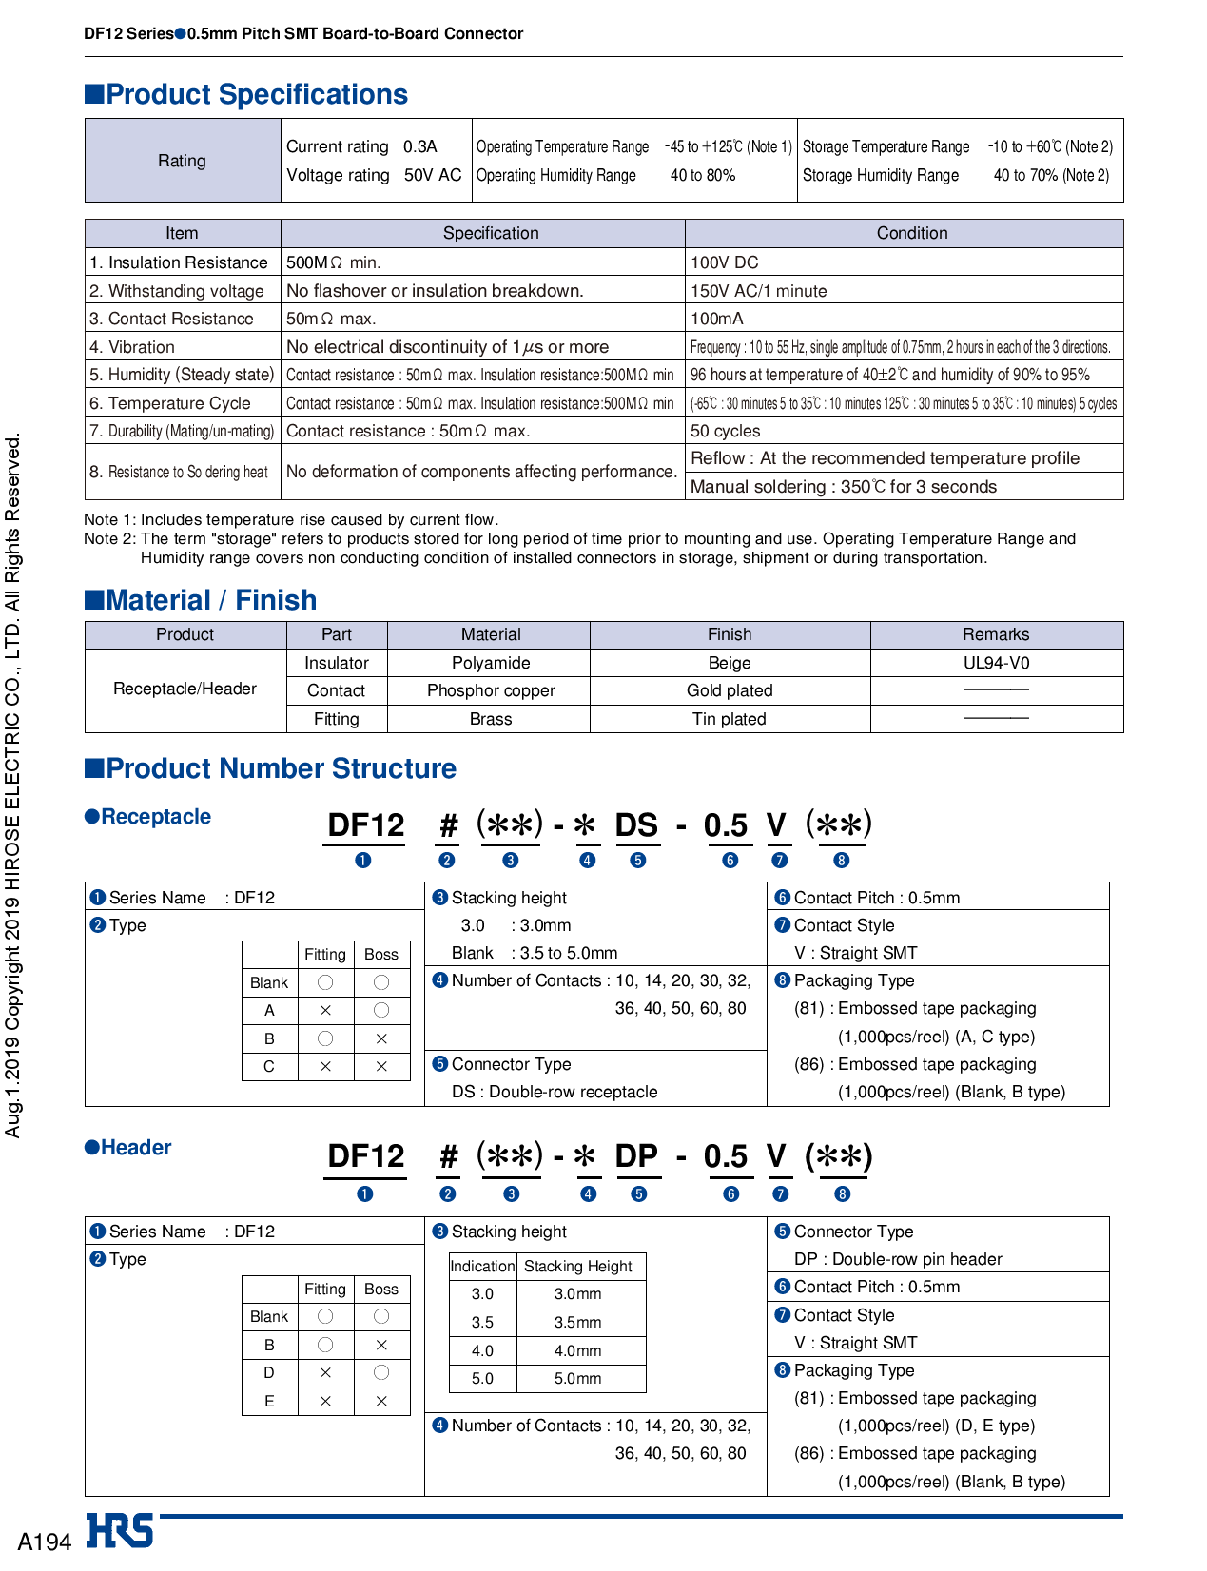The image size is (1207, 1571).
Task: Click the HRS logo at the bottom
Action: click(120, 1531)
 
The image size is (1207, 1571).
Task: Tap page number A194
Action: click(44, 1542)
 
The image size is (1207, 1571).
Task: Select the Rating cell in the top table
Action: click(182, 161)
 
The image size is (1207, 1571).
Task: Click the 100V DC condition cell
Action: click(725, 262)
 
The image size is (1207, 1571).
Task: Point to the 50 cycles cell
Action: click(725, 431)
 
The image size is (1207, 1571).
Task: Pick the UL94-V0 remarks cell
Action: click(996, 663)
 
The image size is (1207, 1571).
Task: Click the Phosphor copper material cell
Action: click(491, 690)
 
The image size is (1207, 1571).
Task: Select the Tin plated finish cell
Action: click(729, 719)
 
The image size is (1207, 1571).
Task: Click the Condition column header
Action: click(911, 233)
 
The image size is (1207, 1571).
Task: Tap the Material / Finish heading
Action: click(210, 600)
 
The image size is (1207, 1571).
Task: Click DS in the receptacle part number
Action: click(636, 825)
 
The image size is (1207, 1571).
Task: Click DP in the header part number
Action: click(636, 1156)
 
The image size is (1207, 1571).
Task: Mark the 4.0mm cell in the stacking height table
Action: click(577, 1350)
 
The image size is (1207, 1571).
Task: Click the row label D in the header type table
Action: click(269, 1373)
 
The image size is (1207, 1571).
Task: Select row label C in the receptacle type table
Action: click(269, 1067)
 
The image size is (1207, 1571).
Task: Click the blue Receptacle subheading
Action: click(155, 817)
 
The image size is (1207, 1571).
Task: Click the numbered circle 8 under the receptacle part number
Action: click(841, 861)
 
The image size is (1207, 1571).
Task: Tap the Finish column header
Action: click(729, 634)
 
